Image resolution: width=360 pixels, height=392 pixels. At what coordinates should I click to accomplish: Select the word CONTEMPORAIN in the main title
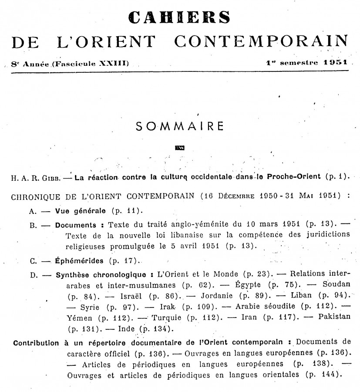tap(261, 41)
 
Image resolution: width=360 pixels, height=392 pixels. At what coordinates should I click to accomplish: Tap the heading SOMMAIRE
tap(180, 126)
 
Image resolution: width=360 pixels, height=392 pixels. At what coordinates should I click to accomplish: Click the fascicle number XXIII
tap(113, 64)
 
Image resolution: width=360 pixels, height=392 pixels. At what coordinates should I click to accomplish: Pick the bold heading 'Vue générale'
tap(80, 211)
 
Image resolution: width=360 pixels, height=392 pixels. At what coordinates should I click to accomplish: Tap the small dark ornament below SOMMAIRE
tap(179, 147)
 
